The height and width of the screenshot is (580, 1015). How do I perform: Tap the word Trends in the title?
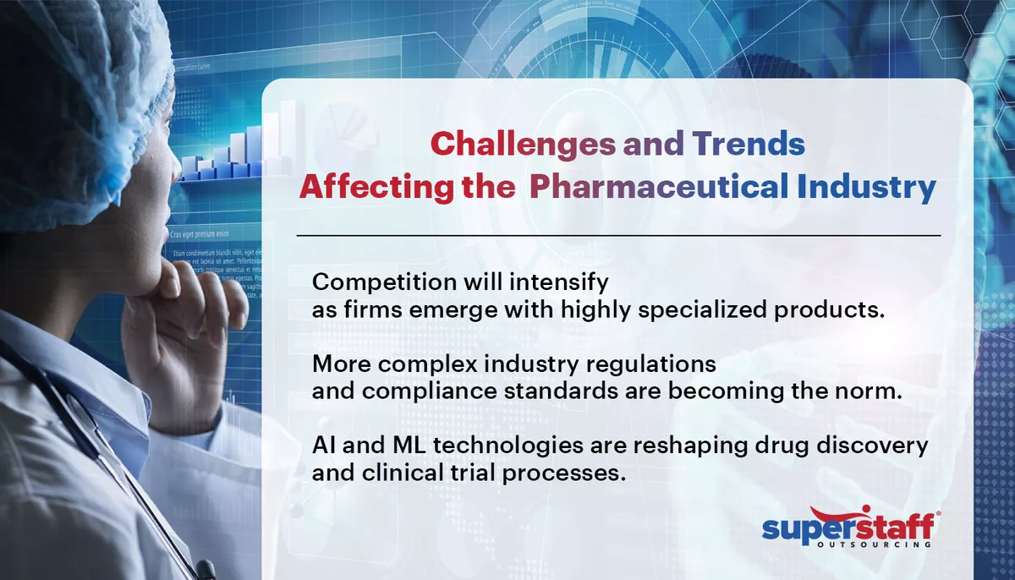click(x=749, y=145)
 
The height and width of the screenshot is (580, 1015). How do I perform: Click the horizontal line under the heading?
click(x=618, y=234)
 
